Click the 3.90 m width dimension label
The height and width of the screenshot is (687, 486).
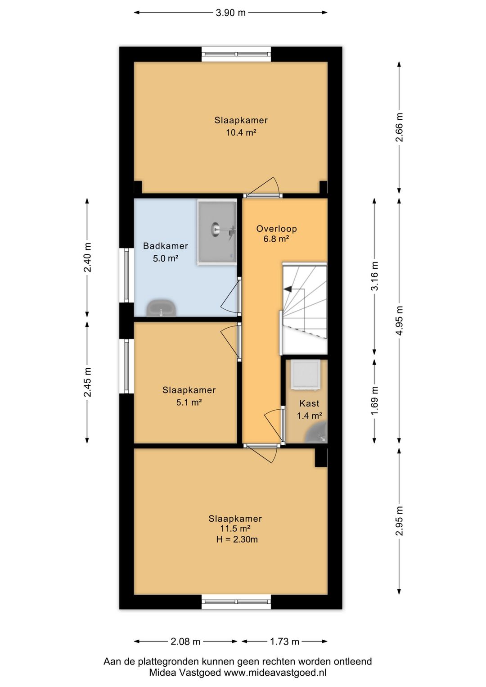[x=230, y=13]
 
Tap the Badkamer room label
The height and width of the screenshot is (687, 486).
[x=166, y=246]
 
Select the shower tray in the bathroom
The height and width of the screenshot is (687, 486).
[x=217, y=232]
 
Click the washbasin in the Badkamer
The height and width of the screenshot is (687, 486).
[x=161, y=308]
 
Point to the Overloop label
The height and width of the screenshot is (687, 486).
[x=277, y=229]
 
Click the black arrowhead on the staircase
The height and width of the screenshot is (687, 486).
[x=287, y=289]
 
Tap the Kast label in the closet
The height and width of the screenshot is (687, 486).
[x=310, y=403]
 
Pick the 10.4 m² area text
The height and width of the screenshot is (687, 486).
[x=241, y=132]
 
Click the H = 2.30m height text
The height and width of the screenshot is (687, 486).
[x=237, y=539]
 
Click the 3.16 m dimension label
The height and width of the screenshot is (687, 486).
[x=375, y=276]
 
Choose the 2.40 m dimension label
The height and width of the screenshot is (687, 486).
[x=87, y=257]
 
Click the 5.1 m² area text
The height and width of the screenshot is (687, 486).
[x=189, y=402]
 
